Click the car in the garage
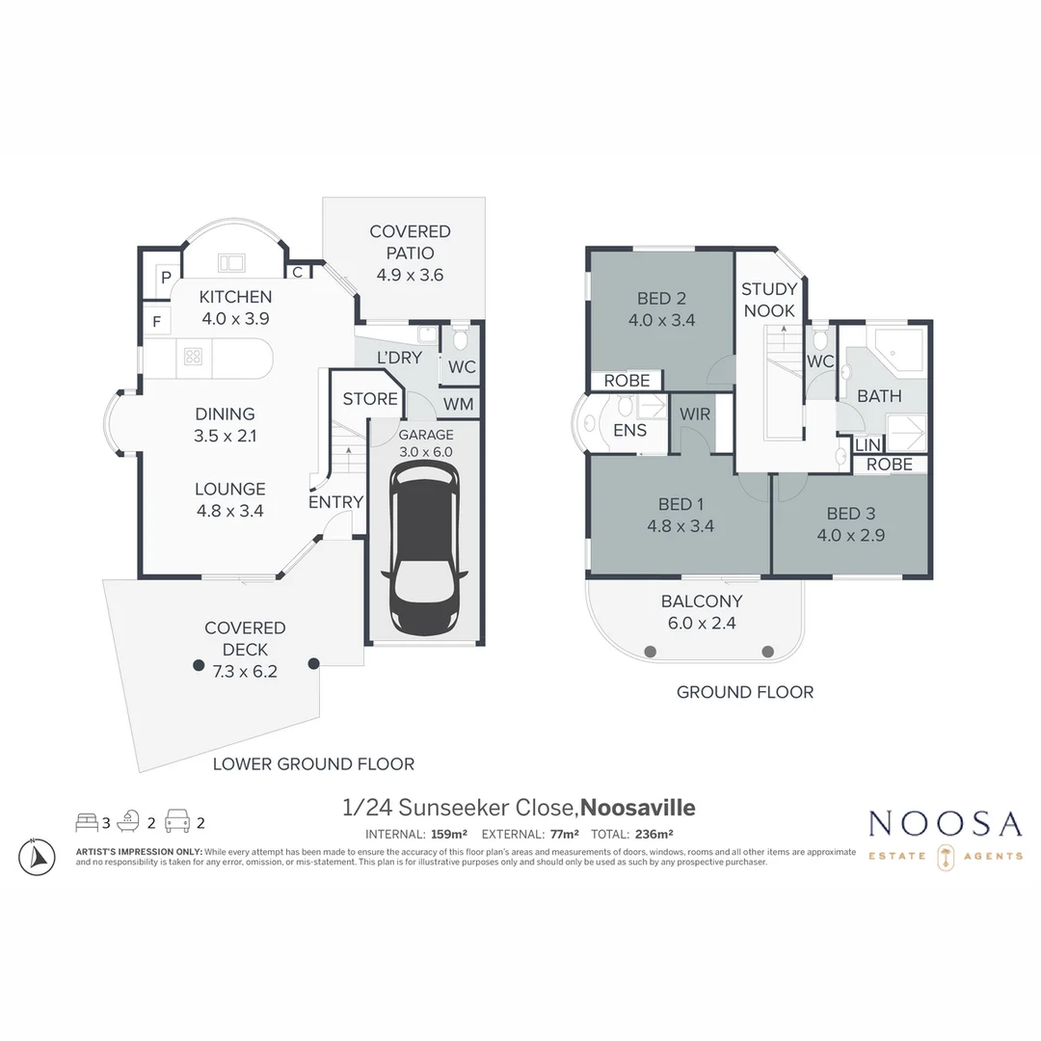(x=424, y=547)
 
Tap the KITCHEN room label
(x=235, y=297)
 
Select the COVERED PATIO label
(x=410, y=242)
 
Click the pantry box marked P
(x=166, y=277)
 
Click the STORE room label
(x=370, y=399)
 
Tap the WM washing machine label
(x=460, y=404)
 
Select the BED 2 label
(x=660, y=299)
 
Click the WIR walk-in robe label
(x=694, y=414)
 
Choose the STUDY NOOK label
(x=769, y=300)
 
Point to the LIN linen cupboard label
(x=867, y=445)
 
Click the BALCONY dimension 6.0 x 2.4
(x=701, y=623)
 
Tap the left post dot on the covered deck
(x=198, y=665)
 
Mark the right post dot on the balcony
(x=767, y=652)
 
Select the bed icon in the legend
(x=87, y=822)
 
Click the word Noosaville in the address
(x=638, y=808)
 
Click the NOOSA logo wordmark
(x=945, y=824)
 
